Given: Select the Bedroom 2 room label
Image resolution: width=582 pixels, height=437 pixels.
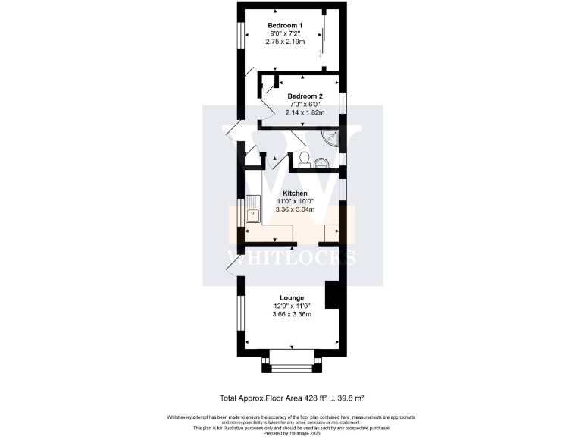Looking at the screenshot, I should coord(305,96).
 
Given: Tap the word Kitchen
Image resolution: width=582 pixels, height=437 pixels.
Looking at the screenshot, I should coord(295,193).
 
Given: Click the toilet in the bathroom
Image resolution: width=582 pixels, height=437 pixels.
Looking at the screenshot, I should coord(304,158).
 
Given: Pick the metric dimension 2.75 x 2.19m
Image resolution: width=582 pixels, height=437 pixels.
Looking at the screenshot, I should coord(285,42).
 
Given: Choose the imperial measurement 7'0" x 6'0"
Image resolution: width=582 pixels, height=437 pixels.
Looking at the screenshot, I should coord(305,105).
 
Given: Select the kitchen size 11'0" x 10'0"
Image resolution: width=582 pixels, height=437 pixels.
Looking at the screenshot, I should coord(295,202).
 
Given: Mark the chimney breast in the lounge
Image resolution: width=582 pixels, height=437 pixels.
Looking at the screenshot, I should coord(332,294).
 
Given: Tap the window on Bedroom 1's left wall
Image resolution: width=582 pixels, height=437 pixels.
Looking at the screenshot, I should coord(240,36).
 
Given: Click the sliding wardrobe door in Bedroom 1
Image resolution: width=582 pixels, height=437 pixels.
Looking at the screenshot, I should coord(321,34).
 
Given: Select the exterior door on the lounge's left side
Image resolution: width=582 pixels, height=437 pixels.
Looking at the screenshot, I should coord(232,262).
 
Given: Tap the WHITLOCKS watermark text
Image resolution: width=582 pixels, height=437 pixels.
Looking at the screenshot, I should coord(291,256).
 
